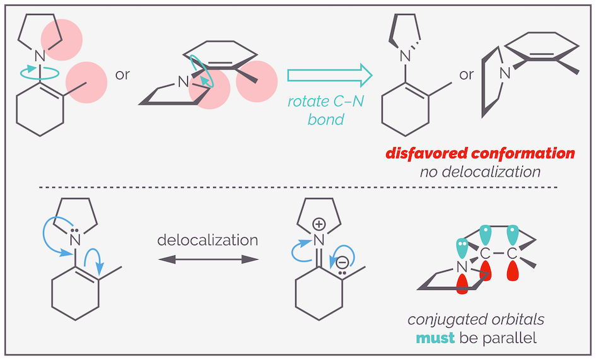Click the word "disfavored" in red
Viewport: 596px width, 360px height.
[x=419, y=153]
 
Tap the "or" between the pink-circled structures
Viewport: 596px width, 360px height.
[x=122, y=75]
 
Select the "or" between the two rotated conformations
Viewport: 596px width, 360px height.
[x=467, y=75]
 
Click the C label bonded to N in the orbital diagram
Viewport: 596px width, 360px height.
[x=486, y=253]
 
